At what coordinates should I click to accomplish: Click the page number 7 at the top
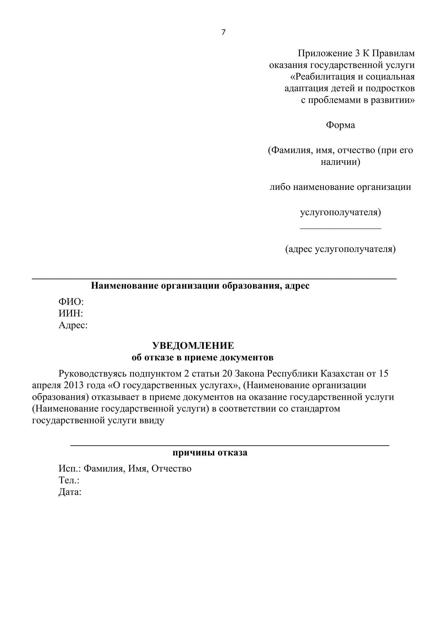(223, 32)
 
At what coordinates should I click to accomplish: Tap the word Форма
(340, 125)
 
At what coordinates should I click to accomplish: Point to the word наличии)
(340, 162)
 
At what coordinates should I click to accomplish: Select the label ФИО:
(71, 302)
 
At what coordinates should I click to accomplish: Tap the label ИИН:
(71, 313)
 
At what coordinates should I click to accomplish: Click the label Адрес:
(73, 325)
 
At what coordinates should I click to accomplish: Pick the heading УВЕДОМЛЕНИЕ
(193, 346)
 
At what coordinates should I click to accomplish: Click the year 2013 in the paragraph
(74, 385)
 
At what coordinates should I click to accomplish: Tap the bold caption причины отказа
(210, 453)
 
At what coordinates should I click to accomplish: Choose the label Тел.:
(69, 480)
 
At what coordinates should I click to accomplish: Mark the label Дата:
(70, 492)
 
